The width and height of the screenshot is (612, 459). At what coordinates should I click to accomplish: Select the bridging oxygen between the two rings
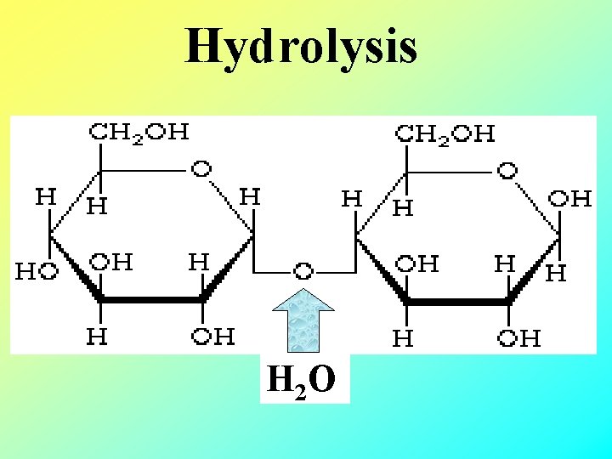click(x=303, y=271)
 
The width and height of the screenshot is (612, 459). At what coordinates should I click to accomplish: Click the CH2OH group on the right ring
click(x=447, y=133)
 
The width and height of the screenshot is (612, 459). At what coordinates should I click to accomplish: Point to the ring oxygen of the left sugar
click(x=201, y=168)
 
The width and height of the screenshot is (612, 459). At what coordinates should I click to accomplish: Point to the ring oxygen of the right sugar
click(x=507, y=169)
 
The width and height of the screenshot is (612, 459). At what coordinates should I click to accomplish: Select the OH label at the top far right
click(x=570, y=199)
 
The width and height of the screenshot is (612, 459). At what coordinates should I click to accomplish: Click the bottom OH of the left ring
click(x=212, y=337)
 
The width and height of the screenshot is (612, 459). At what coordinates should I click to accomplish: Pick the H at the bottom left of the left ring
click(x=98, y=337)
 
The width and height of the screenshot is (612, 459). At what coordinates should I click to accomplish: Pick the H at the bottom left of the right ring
click(x=403, y=339)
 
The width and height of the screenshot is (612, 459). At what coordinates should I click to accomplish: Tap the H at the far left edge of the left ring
click(x=44, y=196)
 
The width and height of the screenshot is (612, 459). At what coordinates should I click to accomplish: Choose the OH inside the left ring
click(x=111, y=261)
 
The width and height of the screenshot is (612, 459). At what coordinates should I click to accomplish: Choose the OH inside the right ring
click(x=417, y=263)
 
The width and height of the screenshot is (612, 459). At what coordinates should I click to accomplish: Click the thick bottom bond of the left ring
click(x=151, y=299)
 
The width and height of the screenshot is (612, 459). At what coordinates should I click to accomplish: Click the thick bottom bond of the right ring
click(x=458, y=301)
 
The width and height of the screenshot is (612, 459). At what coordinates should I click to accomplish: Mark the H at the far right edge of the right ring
click(x=555, y=273)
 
